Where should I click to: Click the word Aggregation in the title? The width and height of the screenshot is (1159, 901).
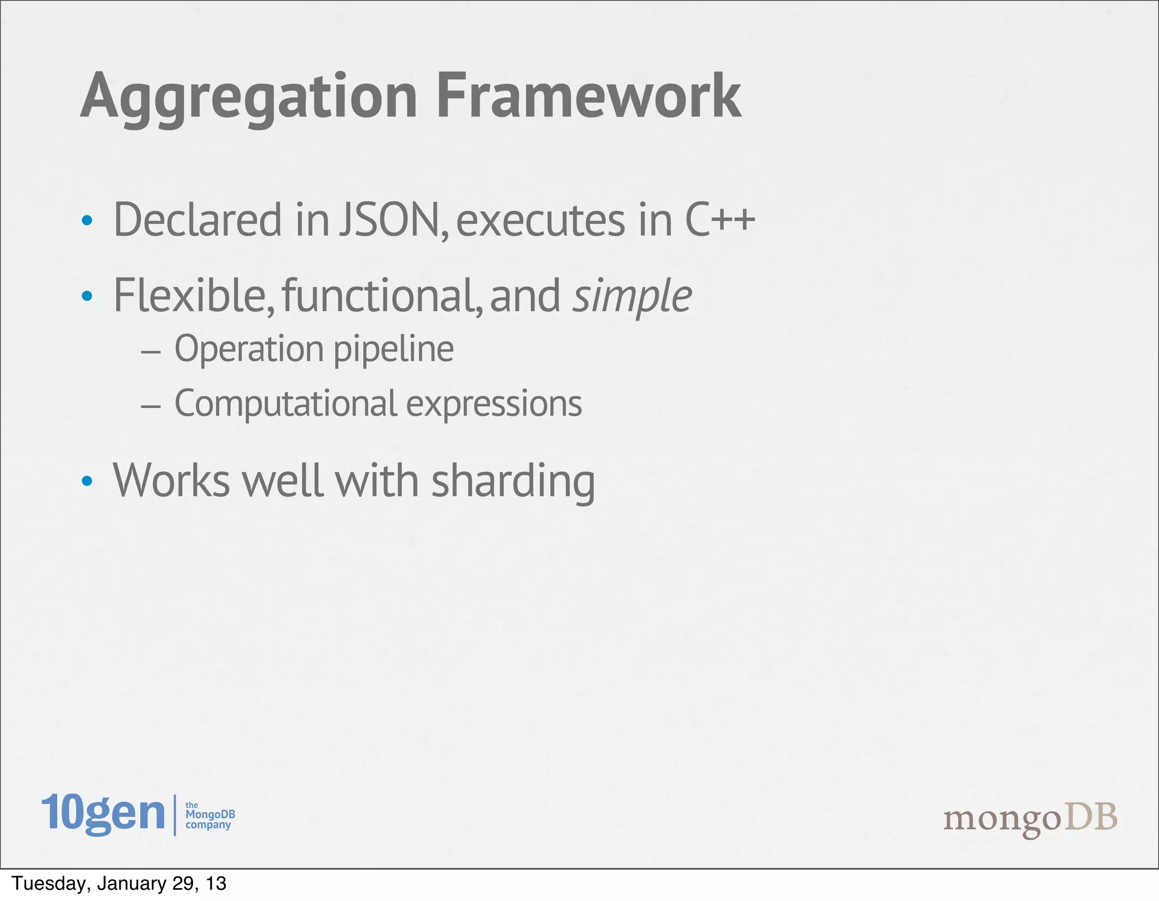249,97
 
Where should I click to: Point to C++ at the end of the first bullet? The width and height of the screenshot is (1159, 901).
720,219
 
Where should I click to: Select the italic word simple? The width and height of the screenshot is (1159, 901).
632,296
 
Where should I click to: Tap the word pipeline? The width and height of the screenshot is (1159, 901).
393,350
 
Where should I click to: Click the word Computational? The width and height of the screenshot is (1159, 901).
286,404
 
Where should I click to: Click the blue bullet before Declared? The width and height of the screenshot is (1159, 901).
87,221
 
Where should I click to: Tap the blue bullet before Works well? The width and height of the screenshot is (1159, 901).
87,481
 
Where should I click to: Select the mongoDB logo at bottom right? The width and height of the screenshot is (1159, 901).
1030,818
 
